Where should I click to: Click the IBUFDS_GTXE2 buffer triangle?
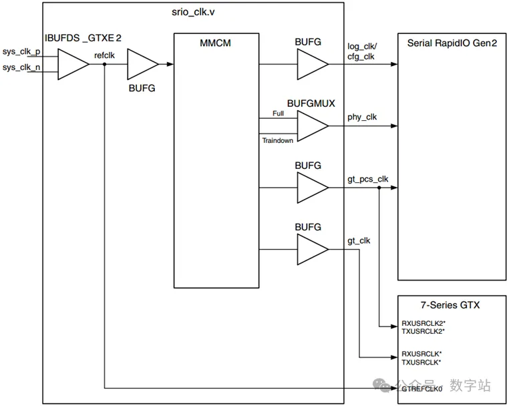73,64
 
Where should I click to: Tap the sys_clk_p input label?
21,51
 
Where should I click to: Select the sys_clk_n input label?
21,67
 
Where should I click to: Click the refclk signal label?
104,55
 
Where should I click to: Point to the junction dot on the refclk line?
104,64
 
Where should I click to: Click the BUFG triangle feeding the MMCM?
142,64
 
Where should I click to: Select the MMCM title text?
215,43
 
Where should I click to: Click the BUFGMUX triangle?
313,126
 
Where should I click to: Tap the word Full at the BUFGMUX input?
278,114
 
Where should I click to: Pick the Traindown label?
278,140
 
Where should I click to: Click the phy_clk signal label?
362,117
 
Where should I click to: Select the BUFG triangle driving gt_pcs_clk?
313,188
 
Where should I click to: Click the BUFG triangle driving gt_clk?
313,250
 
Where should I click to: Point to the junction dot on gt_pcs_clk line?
379,188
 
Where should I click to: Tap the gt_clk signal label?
359,241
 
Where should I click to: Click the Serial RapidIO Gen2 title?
452,43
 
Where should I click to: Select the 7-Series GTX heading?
450,305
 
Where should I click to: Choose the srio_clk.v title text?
193,12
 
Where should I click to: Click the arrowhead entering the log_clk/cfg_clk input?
394,64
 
